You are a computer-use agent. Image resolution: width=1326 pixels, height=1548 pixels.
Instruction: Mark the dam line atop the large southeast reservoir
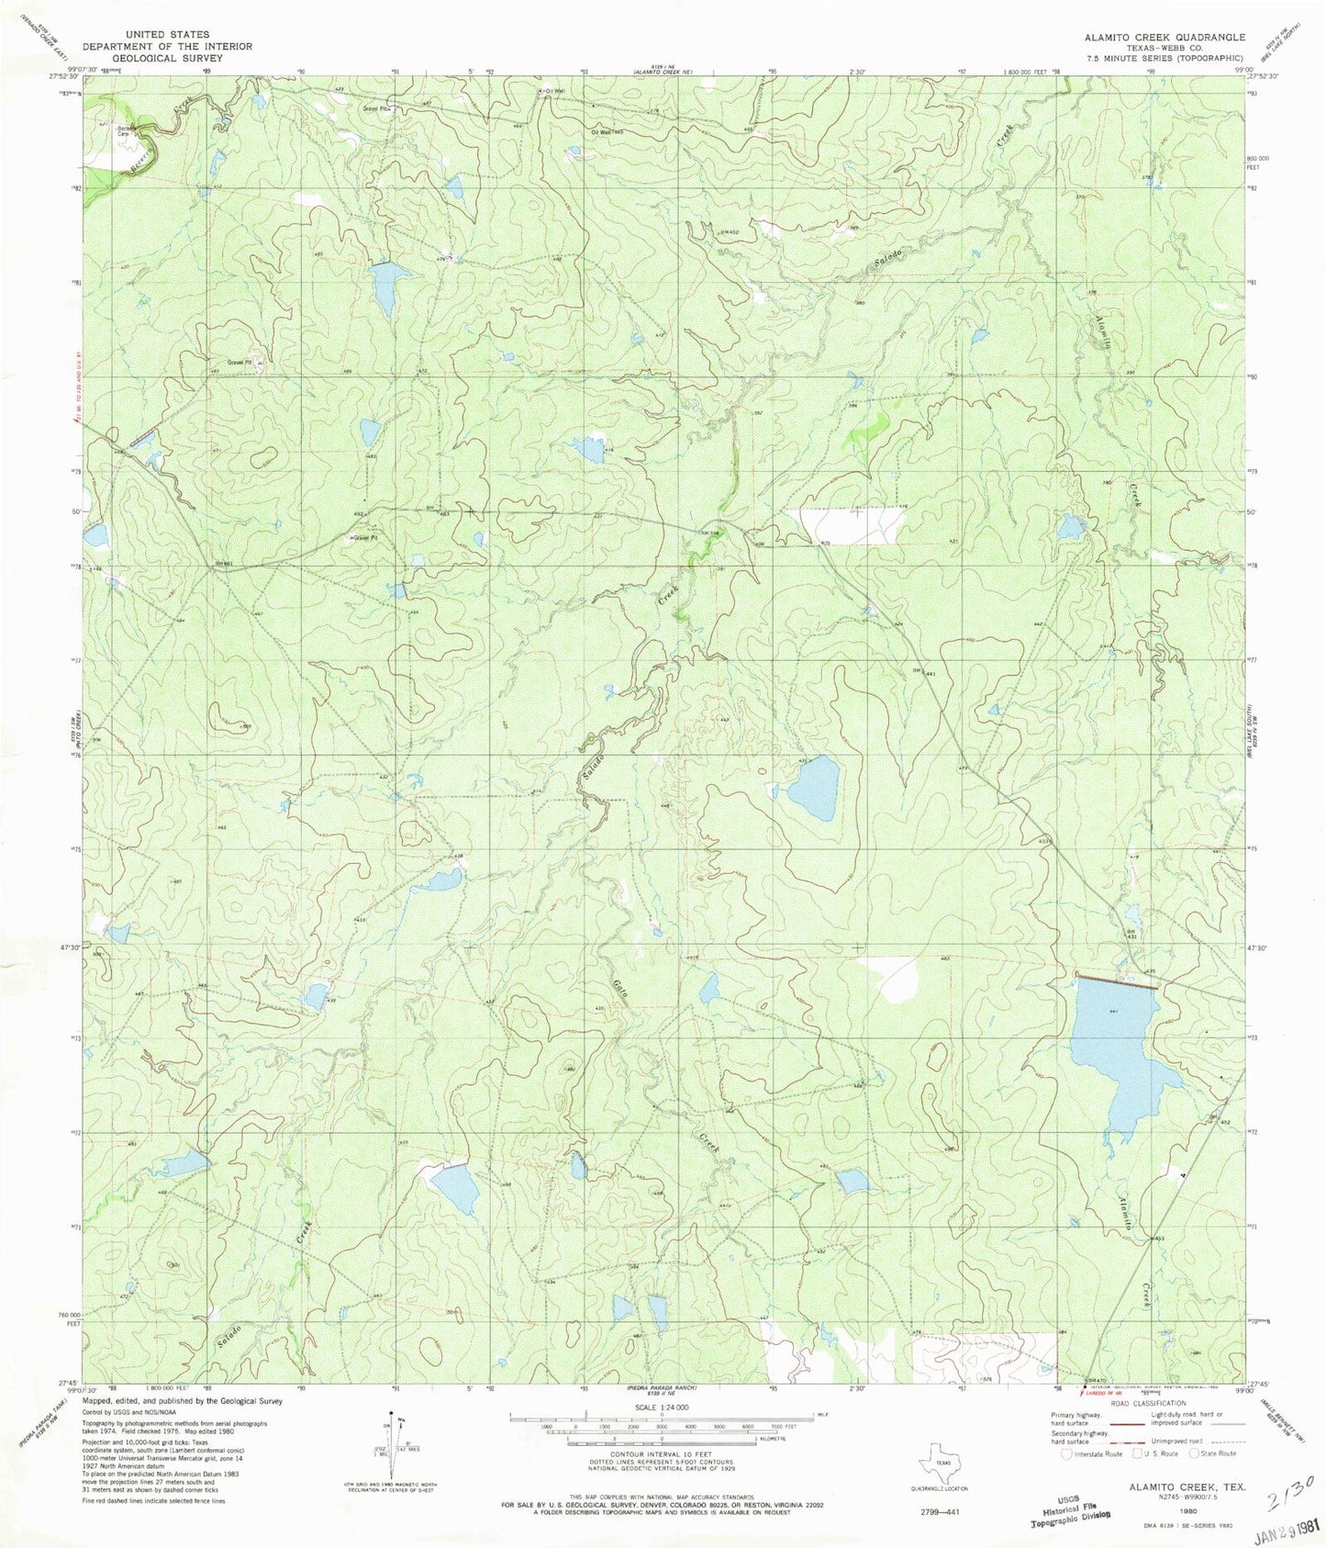(1116, 982)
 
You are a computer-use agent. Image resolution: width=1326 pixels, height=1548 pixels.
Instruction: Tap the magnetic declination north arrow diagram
(393, 1446)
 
